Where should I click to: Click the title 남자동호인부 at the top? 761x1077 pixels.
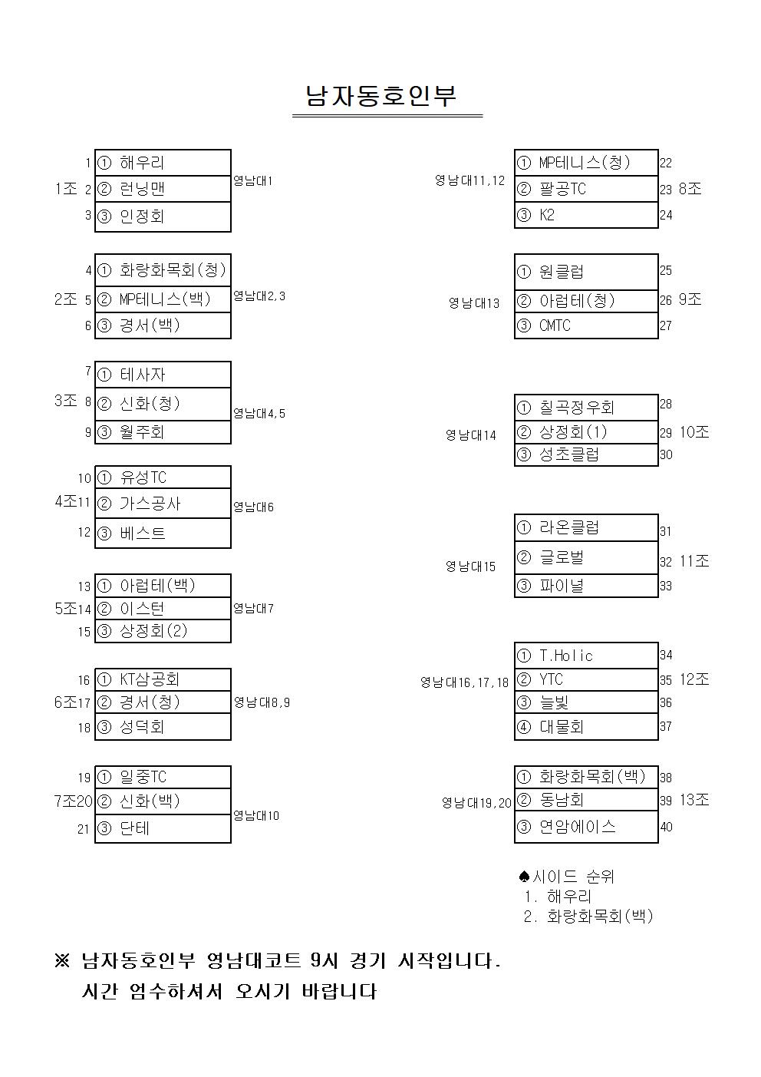tap(381, 96)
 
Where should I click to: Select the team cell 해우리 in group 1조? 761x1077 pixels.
tap(163, 163)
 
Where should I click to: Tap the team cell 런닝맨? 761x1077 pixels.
tap(163, 189)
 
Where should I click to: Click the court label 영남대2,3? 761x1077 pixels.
tap(259, 296)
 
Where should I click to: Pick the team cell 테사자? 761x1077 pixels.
tap(163, 375)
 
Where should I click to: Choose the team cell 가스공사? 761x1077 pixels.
tap(163, 504)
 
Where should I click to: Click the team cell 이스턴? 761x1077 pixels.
tap(163, 609)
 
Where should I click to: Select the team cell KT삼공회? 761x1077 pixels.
tap(163, 679)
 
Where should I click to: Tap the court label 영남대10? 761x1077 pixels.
tap(256, 816)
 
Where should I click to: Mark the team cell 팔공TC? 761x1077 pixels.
tap(586, 189)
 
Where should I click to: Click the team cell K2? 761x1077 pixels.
tap(586, 215)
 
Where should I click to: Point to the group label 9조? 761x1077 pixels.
tap(690, 299)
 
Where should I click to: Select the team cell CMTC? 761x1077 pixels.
tap(586, 325)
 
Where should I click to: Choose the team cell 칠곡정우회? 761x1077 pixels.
tap(586, 408)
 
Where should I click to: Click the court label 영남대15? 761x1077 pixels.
tap(471, 567)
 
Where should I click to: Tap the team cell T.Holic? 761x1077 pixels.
tap(586, 656)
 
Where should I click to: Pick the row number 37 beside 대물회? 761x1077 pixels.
tap(666, 726)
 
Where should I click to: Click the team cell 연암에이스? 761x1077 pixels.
tap(586, 827)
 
